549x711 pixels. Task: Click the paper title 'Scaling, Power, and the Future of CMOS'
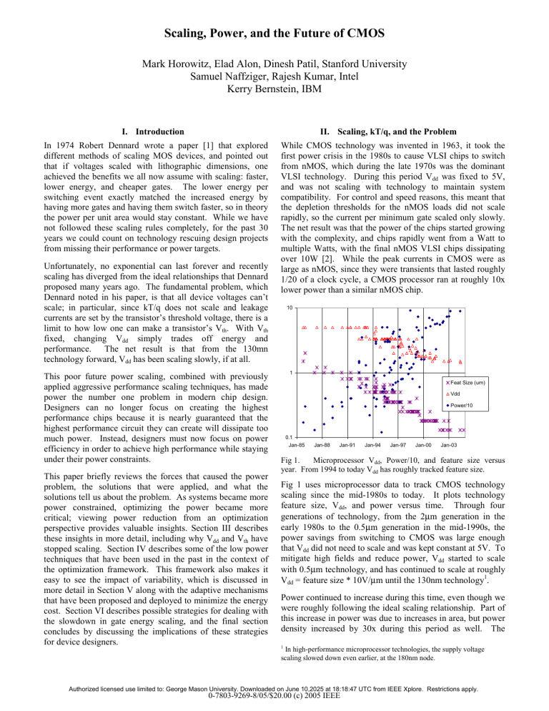274,32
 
